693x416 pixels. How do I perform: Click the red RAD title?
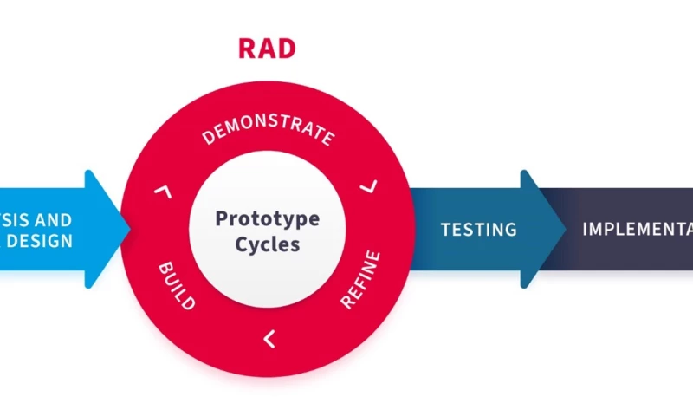coord(267,49)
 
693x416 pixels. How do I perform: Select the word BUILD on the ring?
coord(176,285)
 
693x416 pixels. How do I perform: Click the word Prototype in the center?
coord(267,218)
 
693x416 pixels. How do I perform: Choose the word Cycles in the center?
coord(267,244)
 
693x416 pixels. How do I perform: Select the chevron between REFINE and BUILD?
coord(269,339)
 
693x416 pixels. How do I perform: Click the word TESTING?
coord(478,230)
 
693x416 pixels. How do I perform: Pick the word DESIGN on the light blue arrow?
coord(39,241)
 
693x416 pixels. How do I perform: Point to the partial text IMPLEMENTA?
coord(637,230)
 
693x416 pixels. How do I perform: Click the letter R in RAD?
coord(247,49)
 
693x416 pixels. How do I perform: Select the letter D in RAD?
coord(287,49)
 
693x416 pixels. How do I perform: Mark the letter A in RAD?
coord(267,49)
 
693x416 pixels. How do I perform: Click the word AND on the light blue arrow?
coord(54,220)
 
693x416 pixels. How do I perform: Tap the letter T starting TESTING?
coord(446,230)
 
